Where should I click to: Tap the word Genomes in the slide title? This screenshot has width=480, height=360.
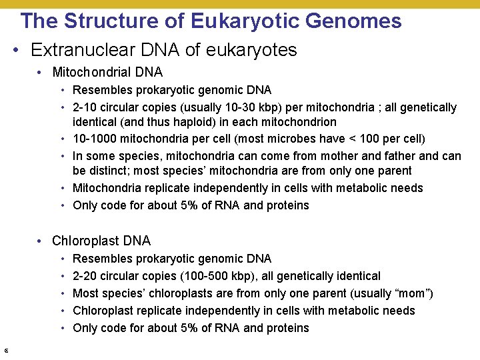pos(353,21)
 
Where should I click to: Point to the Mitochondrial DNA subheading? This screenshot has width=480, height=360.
pos(107,72)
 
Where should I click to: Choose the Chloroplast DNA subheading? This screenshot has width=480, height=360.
pos(101,241)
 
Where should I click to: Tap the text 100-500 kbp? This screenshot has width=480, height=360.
pos(215,276)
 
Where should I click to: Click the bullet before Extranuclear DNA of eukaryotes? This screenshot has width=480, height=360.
pos(19,51)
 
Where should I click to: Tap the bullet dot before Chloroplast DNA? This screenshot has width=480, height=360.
pos(41,241)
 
